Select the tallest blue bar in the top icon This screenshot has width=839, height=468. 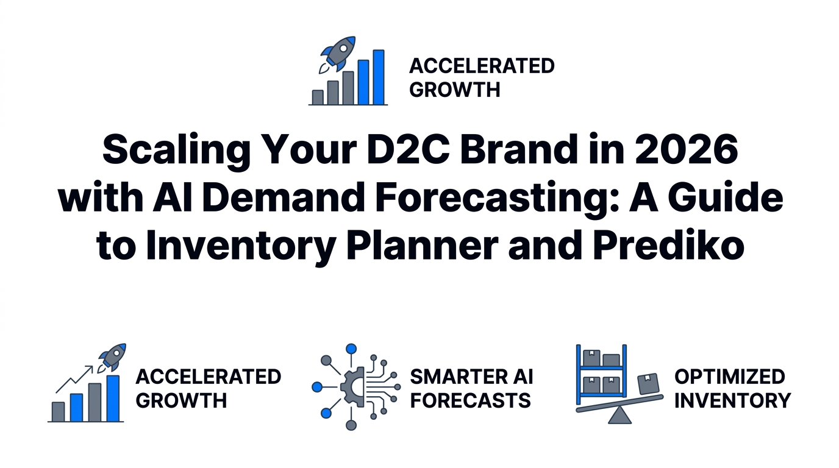tap(379, 77)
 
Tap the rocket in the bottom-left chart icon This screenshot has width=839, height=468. tap(113, 356)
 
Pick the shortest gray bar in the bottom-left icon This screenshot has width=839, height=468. tap(59, 411)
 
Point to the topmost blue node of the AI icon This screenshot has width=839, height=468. tap(351, 349)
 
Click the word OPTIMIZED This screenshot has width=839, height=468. tap(729, 377)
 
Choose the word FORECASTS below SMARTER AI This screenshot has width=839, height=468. tap(470, 401)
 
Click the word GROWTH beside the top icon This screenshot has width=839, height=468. tap(455, 90)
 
